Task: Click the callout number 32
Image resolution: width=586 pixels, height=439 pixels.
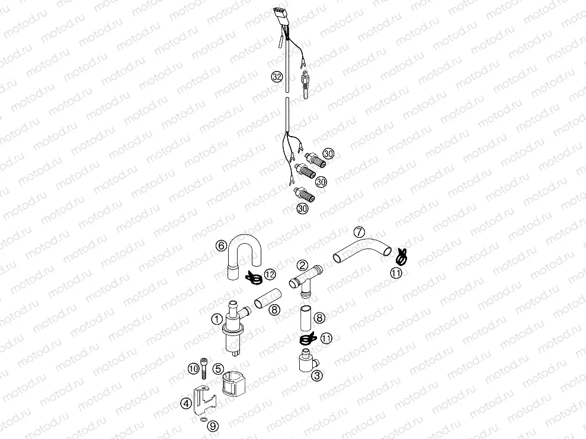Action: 276,76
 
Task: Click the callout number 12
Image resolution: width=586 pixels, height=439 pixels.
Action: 270,274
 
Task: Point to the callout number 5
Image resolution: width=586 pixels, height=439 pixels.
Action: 218,368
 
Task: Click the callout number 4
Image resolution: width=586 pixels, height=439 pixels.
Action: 186,404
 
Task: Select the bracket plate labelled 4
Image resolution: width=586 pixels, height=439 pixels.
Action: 203,399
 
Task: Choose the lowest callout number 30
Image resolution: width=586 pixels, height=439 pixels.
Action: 302,208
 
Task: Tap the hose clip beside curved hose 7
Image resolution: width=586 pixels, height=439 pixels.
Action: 401,256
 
